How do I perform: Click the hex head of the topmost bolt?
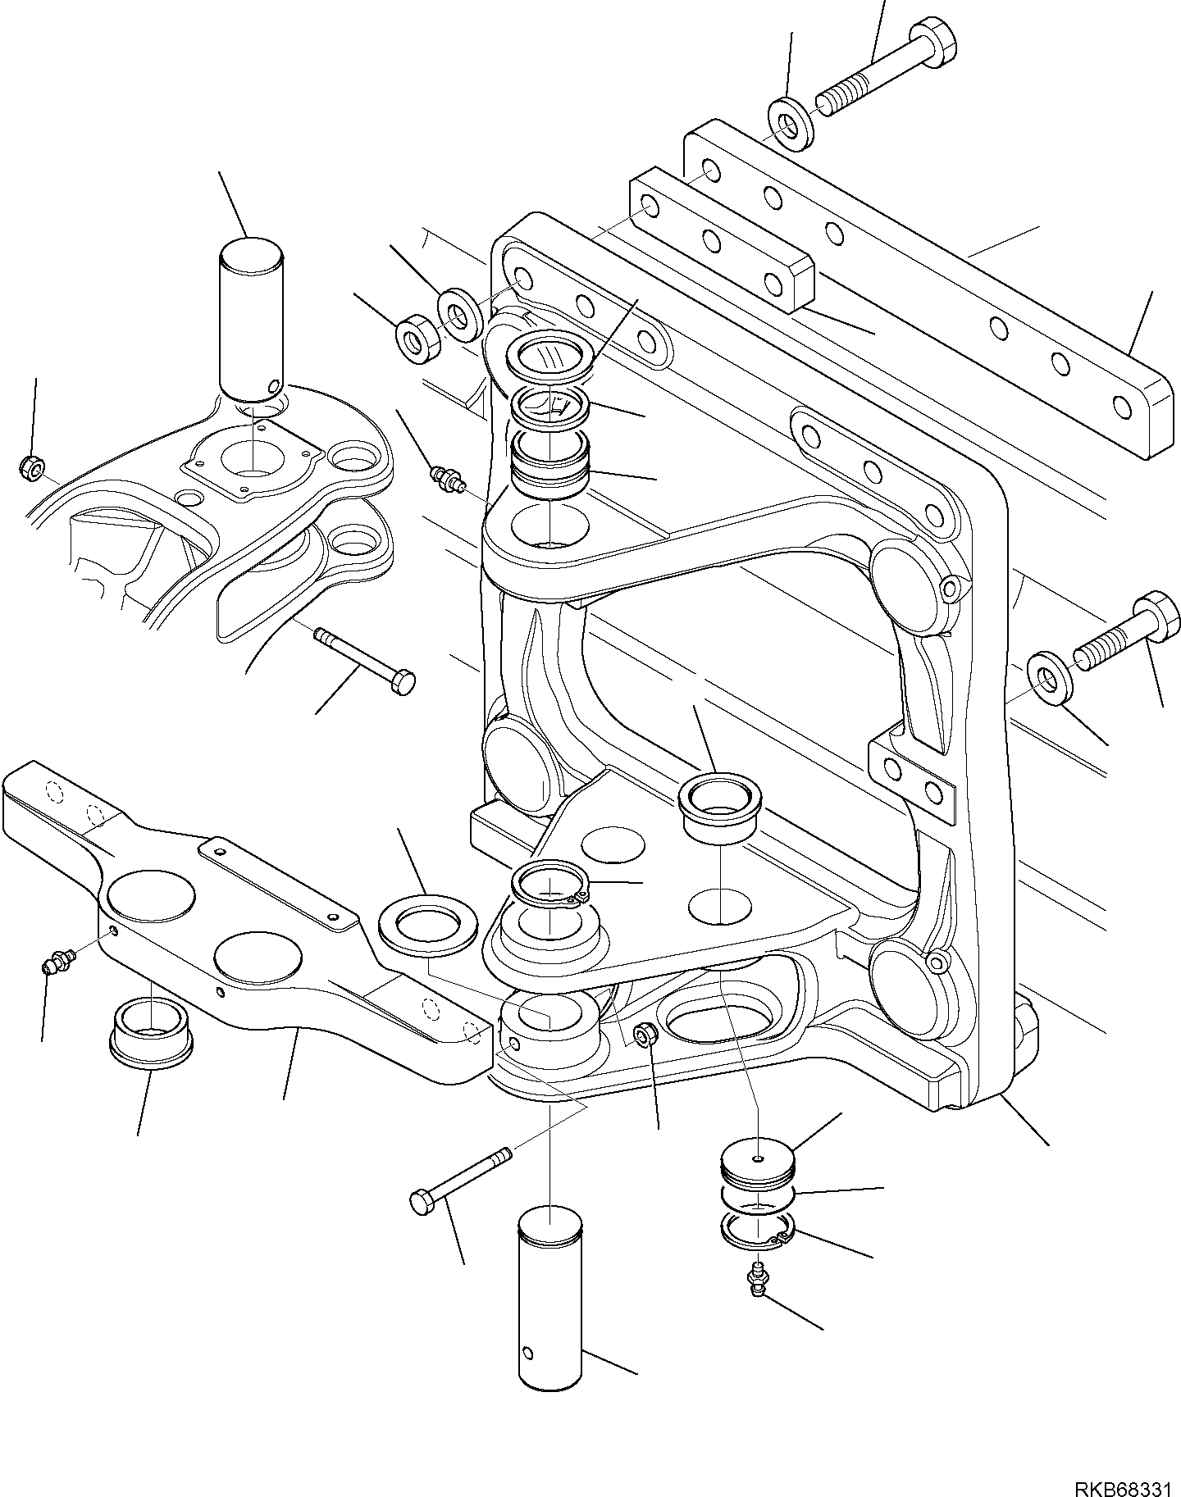coord(940,40)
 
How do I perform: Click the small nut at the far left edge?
coord(30,468)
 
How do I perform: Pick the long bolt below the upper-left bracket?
coord(365,657)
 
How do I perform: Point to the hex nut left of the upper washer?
coord(418,334)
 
